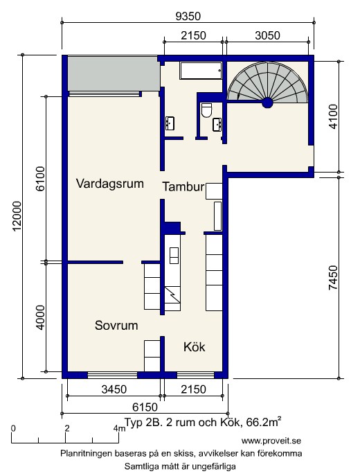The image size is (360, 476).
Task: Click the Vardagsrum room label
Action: pos(109,184)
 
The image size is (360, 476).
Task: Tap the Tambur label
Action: pos(183,186)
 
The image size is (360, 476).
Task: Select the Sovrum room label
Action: pos(116,326)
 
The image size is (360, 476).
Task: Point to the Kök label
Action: pos(194,346)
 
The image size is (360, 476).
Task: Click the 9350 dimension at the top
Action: pos(188,16)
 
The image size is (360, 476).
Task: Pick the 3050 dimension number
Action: pos(267,35)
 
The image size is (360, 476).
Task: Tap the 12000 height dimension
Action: pos(17,216)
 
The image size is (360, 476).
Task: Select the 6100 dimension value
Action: pos(40,179)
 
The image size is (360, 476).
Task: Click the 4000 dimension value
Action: pos(40,317)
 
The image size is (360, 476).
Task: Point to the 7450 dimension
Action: pos(333,278)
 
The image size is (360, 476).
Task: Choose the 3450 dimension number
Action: pos(114,389)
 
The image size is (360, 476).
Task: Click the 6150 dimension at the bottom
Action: pos(145,407)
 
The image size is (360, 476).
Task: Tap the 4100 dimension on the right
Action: pos(333,116)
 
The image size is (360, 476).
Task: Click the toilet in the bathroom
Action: pos(206,110)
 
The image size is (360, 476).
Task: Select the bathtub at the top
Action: pos(201,71)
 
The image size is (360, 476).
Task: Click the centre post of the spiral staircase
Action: pos(267,103)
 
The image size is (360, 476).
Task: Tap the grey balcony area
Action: pos(114,73)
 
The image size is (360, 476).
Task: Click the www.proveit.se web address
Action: pos(271,441)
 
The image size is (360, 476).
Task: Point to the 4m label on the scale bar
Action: pos(119,428)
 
